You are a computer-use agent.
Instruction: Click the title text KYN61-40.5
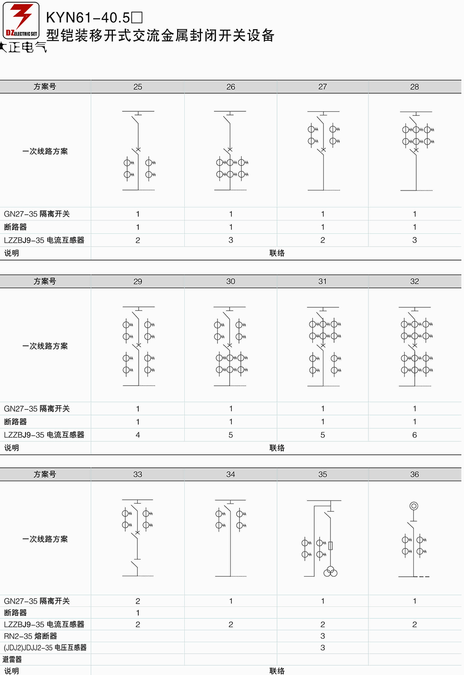click(x=88, y=18)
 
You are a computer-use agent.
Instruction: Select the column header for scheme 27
click(x=322, y=87)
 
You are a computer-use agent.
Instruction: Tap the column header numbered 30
click(x=231, y=281)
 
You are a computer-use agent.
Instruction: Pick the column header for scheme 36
click(x=414, y=474)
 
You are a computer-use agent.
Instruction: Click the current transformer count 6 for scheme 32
click(x=414, y=435)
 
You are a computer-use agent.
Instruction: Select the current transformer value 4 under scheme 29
click(x=137, y=435)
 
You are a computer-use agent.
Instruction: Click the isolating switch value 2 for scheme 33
click(x=137, y=601)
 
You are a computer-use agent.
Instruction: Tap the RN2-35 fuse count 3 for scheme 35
click(x=322, y=636)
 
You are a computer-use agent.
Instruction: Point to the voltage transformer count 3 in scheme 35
click(x=322, y=648)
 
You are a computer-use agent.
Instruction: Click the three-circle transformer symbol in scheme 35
click(x=330, y=571)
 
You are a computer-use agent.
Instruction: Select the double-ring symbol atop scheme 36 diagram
click(x=413, y=506)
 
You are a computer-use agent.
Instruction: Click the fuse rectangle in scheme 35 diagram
click(x=330, y=546)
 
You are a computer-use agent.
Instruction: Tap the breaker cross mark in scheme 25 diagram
click(x=138, y=149)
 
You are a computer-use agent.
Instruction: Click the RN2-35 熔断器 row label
click(x=31, y=636)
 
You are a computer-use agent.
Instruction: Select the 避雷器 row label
click(x=13, y=659)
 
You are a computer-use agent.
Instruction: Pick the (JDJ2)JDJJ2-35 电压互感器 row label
click(x=45, y=648)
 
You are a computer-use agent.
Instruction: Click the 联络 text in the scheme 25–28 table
click(x=277, y=253)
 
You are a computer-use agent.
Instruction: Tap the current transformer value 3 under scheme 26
click(x=231, y=240)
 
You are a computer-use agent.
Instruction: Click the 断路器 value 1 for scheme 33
click(x=137, y=612)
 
